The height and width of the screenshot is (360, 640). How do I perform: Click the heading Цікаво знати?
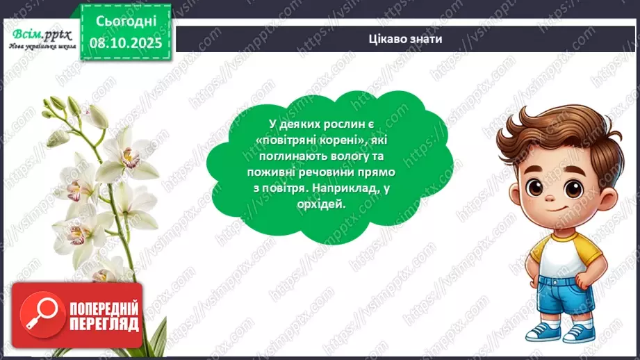coord(406,39)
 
